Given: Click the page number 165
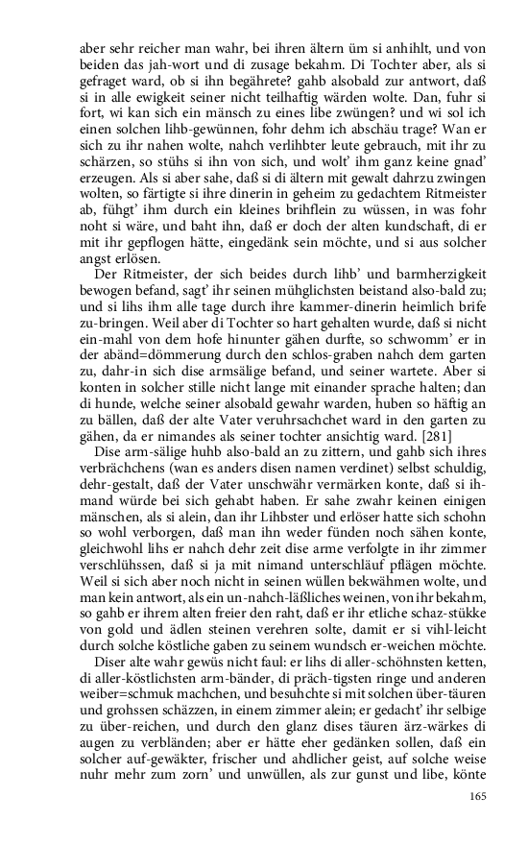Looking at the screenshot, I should (x=477, y=796).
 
